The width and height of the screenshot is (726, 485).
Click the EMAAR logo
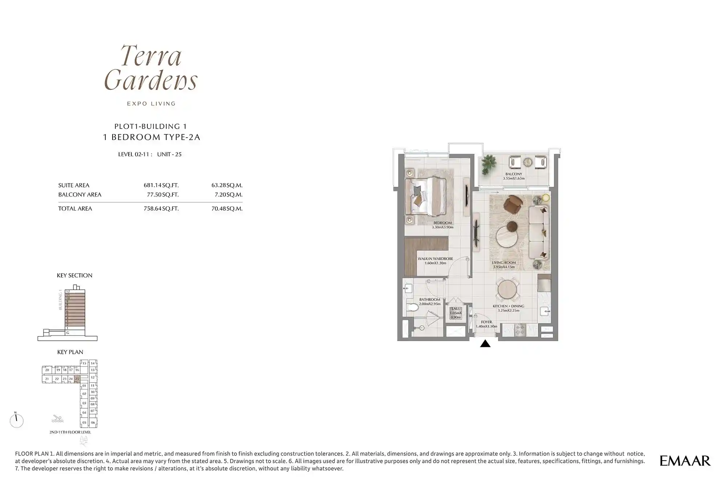point(685,461)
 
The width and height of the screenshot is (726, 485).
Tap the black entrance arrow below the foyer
point(485,344)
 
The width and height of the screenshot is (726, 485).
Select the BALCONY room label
point(514,174)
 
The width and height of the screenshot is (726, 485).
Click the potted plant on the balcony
point(489,164)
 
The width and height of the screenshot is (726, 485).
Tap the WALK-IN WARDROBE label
point(435,259)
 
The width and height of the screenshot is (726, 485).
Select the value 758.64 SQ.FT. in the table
point(161,209)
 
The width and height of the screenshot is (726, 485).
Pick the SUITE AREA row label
point(74,185)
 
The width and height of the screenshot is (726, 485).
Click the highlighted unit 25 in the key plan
point(77,379)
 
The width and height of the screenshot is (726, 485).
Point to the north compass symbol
point(16,420)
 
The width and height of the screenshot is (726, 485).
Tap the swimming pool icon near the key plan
point(57,419)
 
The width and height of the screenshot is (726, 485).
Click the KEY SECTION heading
point(74,275)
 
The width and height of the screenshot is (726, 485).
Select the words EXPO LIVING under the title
point(151,104)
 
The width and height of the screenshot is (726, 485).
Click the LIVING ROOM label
point(503,263)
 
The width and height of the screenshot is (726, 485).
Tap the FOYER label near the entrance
point(486,322)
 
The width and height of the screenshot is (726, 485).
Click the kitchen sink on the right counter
point(544,311)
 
